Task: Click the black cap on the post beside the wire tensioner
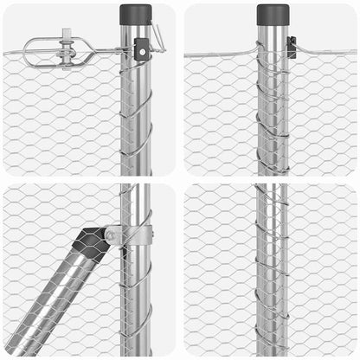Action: pos(135,15)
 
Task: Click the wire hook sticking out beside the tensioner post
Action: pos(157,36)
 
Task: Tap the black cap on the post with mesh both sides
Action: pos(273,14)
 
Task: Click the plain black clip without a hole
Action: pos(292,47)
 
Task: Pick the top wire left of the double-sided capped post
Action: pos(221,55)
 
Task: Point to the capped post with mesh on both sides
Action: pos(273,104)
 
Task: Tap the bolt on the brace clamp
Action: pos(110,235)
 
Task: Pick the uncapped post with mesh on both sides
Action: pos(272,268)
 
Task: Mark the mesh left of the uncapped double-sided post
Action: pos(221,268)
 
